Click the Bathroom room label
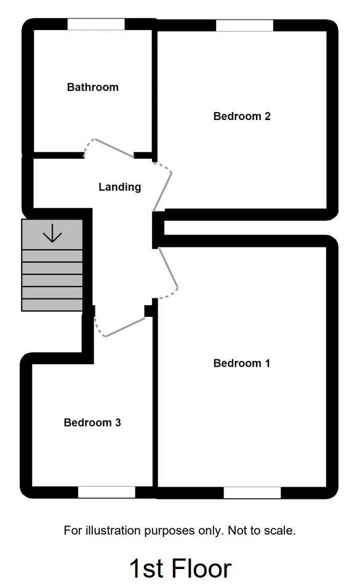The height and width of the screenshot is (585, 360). pyautogui.click(x=92, y=87)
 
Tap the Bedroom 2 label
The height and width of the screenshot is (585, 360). pyautogui.click(x=242, y=116)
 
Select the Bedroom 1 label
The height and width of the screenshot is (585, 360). pyautogui.click(x=241, y=364)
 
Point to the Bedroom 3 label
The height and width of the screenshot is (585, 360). pyautogui.click(x=92, y=423)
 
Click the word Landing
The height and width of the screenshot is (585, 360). pyautogui.click(x=120, y=187)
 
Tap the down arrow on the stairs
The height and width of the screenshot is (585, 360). pyautogui.click(x=52, y=233)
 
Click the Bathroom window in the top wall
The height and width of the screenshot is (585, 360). pyautogui.click(x=96, y=24)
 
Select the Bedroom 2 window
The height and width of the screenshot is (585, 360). pyautogui.click(x=245, y=25)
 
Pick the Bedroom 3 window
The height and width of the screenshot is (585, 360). pyautogui.click(x=106, y=492)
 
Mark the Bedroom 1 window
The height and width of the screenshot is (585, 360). pyautogui.click(x=252, y=493)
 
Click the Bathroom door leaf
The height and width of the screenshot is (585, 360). pyautogui.click(x=114, y=148)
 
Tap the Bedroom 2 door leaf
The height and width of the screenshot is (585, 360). pyautogui.click(x=162, y=192)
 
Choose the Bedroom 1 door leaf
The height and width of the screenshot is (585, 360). pyautogui.click(x=168, y=268)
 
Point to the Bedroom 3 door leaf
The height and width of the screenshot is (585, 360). pyautogui.click(x=125, y=327)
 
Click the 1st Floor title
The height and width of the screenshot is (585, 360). pyautogui.click(x=180, y=568)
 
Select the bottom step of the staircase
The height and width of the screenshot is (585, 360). pyautogui.click(x=52, y=305)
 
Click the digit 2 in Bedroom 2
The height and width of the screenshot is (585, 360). pyautogui.click(x=268, y=116)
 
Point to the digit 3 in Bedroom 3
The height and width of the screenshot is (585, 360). pyautogui.click(x=118, y=423)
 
